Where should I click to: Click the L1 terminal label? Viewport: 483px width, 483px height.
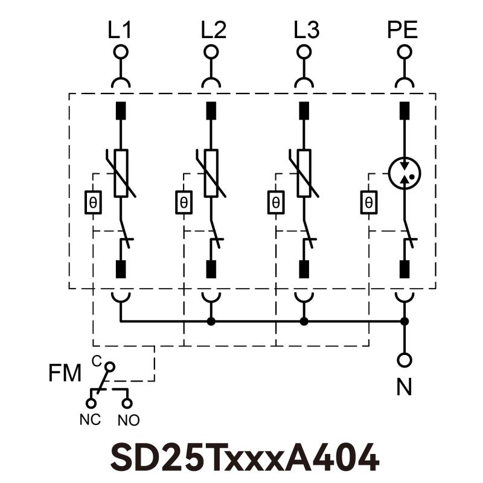121,30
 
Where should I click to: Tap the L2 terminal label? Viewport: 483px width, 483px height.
213,30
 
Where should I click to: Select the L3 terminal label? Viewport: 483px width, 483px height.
306,30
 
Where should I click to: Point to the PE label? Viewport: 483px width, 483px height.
402,30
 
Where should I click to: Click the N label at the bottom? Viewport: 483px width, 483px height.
404,386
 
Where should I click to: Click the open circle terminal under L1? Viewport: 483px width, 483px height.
121,52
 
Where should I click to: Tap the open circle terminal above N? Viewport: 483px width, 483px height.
405,360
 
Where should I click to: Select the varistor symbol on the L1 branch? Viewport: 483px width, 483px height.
121,173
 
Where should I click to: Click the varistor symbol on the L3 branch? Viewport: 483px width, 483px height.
304,173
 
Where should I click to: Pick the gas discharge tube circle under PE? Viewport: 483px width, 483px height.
403,173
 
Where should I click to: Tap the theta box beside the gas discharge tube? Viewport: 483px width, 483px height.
368,202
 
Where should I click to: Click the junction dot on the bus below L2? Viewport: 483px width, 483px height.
211,321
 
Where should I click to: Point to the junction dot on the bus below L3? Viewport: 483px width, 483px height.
304,321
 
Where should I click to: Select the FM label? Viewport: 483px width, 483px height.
65,374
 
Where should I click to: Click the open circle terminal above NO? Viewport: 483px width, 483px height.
127,401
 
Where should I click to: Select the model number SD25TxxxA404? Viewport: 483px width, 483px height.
245,457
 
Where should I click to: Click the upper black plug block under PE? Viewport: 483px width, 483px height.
405,110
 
